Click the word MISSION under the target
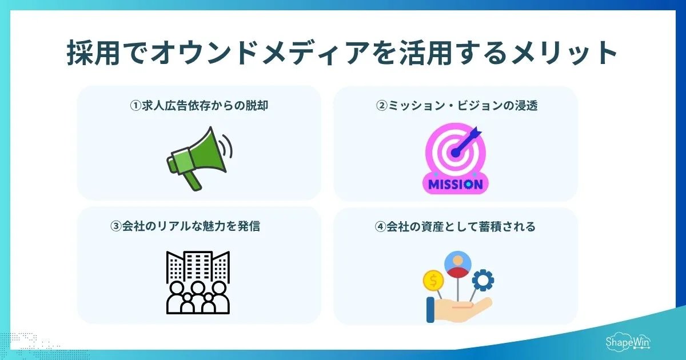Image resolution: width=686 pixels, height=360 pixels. [455, 185]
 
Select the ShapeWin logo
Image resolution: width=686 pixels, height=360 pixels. [628, 341]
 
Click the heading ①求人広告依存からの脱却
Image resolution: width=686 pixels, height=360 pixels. [199, 106]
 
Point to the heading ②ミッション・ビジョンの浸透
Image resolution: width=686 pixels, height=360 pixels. [456, 106]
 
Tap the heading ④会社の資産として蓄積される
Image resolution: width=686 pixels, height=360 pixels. [456, 227]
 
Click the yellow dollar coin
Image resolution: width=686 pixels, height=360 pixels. [433, 281]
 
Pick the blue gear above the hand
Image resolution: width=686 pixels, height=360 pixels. [483, 281]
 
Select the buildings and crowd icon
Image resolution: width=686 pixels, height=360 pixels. [198, 282]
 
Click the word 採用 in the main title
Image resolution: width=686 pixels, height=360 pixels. [88, 55]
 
